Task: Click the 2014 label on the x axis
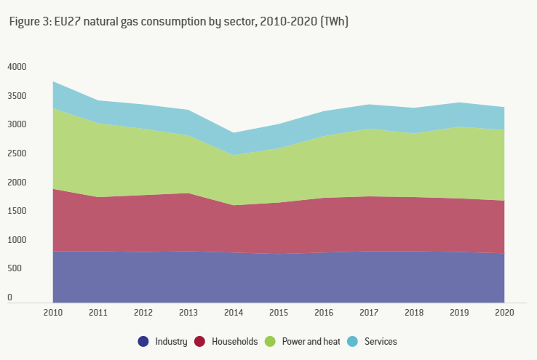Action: pyautogui.click(x=234, y=313)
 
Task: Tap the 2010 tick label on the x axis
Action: pyautogui.click(x=53, y=313)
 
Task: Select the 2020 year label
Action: pyautogui.click(x=504, y=313)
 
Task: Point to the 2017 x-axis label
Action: pyautogui.click(x=369, y=313)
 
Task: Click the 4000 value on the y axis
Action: pyautogui.click(x=16, y=67)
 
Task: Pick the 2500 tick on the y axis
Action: pyautogui.click(x=16, y=153)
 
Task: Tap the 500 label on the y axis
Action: pyautogui.click(x=13, y=268)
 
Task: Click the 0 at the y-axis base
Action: pyautogui.click(x=10, y=297)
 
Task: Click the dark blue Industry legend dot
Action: pyautogui.click(x=143, y=341)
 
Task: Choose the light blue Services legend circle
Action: pyautogui.click(x=352, y=341)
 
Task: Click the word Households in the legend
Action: pyautogui.click(x=234, y=341)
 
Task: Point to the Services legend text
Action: pyautogui.click(x=381, y=341)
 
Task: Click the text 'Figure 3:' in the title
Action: pyautogui.click(x=29, y=22)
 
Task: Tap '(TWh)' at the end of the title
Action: pyautogui.click(x=334, y=22)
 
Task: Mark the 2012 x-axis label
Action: pyautogui.click(x=143, y=313)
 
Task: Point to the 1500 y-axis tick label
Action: pyautogui.click(x=16, y=211)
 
